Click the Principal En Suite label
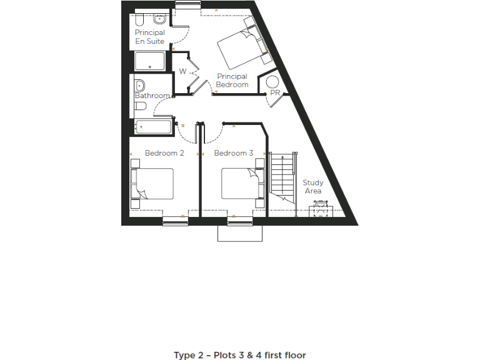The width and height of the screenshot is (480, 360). click(150, 37)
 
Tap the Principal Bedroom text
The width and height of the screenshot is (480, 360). click(232, 81)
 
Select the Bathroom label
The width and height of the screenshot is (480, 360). click(152, 96)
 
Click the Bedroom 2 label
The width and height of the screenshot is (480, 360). click(164, 153)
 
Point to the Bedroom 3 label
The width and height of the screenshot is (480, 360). click(233, 153)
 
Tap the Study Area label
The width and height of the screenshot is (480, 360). click(313, 187)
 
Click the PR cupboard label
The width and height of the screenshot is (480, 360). click(275, 93)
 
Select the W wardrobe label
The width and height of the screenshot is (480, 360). click(182, 71)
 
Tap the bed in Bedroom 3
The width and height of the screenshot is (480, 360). click(240, 184)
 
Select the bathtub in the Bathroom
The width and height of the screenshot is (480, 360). click(153, 127)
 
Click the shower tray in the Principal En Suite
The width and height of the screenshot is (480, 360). click(150, 61)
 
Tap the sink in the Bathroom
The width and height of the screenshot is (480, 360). click(140, 85)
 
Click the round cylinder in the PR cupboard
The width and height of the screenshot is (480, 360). click(272, 81)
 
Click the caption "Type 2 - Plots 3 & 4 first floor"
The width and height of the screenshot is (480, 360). click(240, 355)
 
